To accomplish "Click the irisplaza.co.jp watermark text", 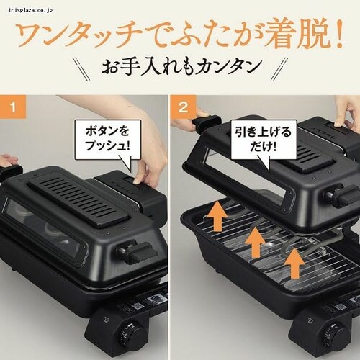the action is pyautogui.click(x=30, y=11).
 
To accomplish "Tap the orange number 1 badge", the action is pyautogui.click(x=13, y=107).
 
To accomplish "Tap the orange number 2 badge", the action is pyautogui.click(x=183, y=107).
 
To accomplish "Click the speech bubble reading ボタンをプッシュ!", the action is pyautogui.click(x=107, y=140).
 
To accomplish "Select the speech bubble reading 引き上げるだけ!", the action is pyautogui.click(x=264, y=140).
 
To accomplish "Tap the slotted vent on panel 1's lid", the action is pyautogui.click(x=78, y=202).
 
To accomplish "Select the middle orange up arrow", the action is pyautogui.click(x=256, y=242).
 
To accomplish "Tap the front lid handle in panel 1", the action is pyautogui.click(x=139, y=253).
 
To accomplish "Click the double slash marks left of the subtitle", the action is pyautogui.click(x=81, y=69).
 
